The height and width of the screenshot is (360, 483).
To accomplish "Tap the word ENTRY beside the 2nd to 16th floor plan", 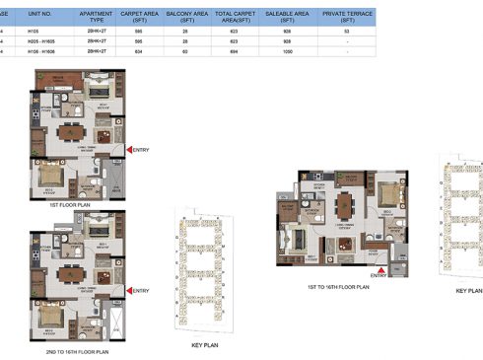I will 141,290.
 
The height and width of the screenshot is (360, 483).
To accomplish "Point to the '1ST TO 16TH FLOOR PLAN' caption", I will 338,286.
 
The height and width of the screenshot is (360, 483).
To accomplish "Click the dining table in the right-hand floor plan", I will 343,204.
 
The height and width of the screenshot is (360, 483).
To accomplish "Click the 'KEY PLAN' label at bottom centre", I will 202,346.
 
